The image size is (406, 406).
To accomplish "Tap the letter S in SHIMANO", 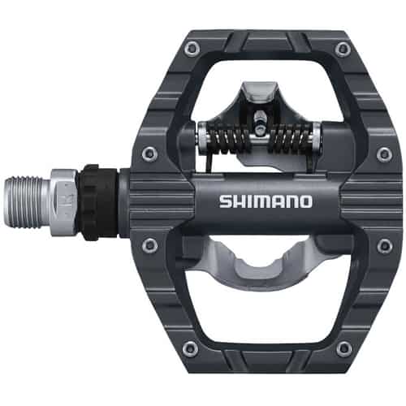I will [224, 200].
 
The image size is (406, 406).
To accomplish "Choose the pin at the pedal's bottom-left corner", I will [191, 349].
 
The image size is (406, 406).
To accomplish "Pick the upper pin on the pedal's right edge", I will [382, 152].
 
